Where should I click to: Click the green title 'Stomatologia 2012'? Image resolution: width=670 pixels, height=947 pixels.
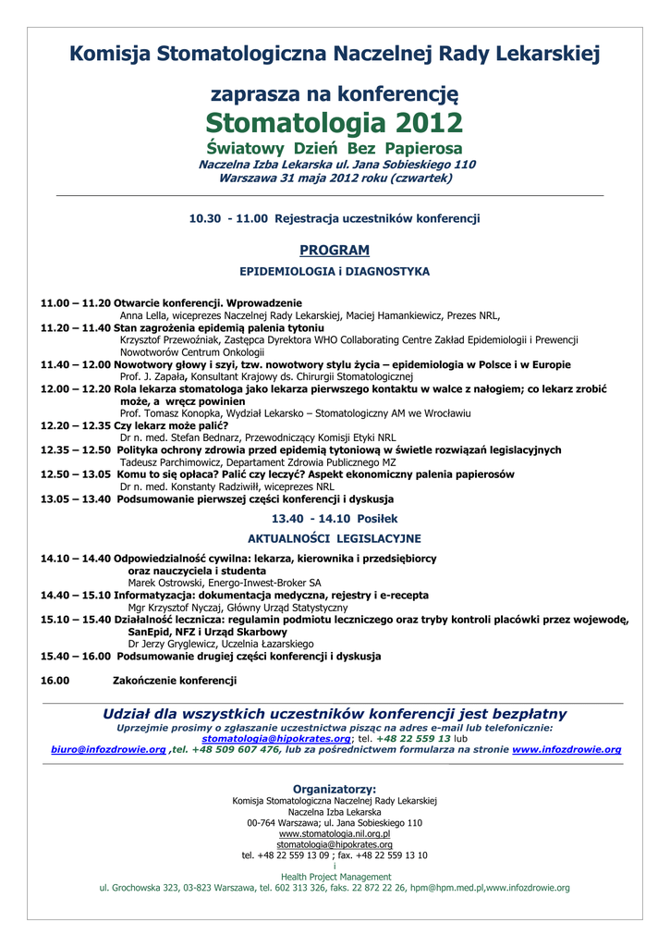pyautogui.click(x=335, y=122)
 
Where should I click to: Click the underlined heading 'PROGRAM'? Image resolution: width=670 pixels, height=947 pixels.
pyautogui.click(x=335, y=250)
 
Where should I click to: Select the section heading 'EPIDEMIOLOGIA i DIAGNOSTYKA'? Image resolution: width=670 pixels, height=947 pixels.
pyautogui.click(x=335, y=272)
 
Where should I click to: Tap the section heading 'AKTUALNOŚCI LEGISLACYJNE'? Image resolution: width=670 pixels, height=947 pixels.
pyautogui.click(x=335, y=538)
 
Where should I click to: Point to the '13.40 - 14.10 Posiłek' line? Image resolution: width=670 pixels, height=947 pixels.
pyautogui.click(x=335, y=519)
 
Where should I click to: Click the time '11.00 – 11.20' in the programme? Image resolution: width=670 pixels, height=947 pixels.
pyautogui.click(x=75, y=303)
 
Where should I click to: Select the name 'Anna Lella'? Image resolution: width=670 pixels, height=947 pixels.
pyautogui.click(x=143, y=315)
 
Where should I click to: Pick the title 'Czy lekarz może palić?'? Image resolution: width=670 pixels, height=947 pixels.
pyautogui.click(x=170, y=425)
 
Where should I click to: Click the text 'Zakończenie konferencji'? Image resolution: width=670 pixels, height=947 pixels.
pyautogui.click(x=175, y=681)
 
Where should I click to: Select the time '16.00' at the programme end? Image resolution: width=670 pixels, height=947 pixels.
pyautogui.click(x=55, y=681)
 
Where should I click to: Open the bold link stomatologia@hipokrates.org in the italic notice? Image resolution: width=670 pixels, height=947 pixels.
pyautogui.click(x=276, y=739)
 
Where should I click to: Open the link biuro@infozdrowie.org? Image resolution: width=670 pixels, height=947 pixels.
pyautogui.click(x=108, y=750)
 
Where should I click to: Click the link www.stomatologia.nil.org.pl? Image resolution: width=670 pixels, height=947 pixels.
pyautogui.click(x=335, y=834)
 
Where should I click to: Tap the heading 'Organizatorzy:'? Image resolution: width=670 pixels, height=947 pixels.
pyautogui.click(x=335, y=788)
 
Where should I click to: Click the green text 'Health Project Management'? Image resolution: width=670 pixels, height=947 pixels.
pyautogui.click(x=335, y=877)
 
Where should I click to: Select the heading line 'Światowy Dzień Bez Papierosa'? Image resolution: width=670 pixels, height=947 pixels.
pyautogui.click(x=335, y=149)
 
